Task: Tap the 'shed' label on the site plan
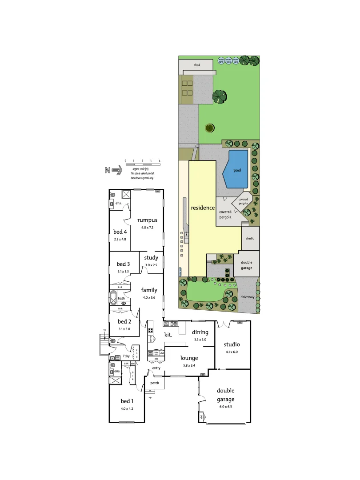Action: (197, 65)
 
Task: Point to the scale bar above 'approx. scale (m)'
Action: (142, 164)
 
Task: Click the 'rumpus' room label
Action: (147, 220)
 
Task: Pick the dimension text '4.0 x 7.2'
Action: (147, 228)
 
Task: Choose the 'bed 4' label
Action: (120, 232)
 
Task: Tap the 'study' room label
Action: (151, 257)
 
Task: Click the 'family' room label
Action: (149, 290)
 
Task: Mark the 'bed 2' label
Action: (124, 321)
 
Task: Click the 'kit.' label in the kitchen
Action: (168, 334)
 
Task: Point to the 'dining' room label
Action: (200, 332)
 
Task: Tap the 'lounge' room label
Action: (189, 358)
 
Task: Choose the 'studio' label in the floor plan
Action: (232, 344)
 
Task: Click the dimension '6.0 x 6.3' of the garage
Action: (225, 407)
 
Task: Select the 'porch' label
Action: (155, 383)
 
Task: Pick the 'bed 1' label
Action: (127, 401)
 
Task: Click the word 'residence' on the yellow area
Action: (203, 208)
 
